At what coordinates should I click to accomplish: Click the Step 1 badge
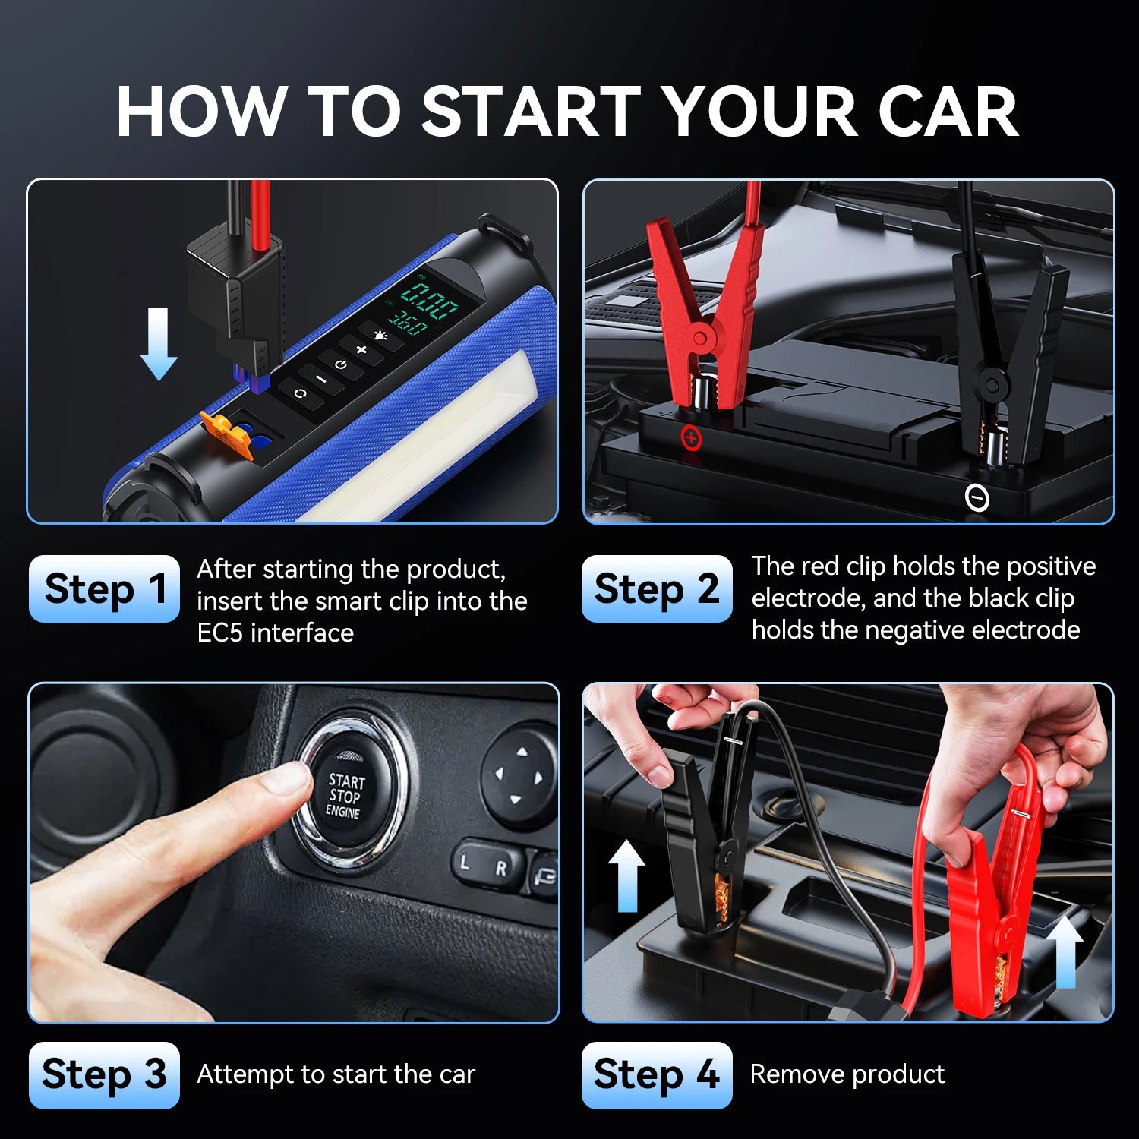[x=104, y=588]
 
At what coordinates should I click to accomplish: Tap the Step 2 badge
[x=657, y=588]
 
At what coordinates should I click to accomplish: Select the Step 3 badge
[x=104, y=1074]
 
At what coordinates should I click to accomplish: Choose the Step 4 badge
[x=657, y=1074]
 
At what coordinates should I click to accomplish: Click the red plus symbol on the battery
[x=691, y=438]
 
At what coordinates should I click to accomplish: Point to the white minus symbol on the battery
[x=977, y=498]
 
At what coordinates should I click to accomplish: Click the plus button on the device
[x=361, y=350]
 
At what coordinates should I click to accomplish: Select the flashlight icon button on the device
[x=380, y=335]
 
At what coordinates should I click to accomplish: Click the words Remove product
[x=847, y=1074]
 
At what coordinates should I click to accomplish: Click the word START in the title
[x=532, y=112]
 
